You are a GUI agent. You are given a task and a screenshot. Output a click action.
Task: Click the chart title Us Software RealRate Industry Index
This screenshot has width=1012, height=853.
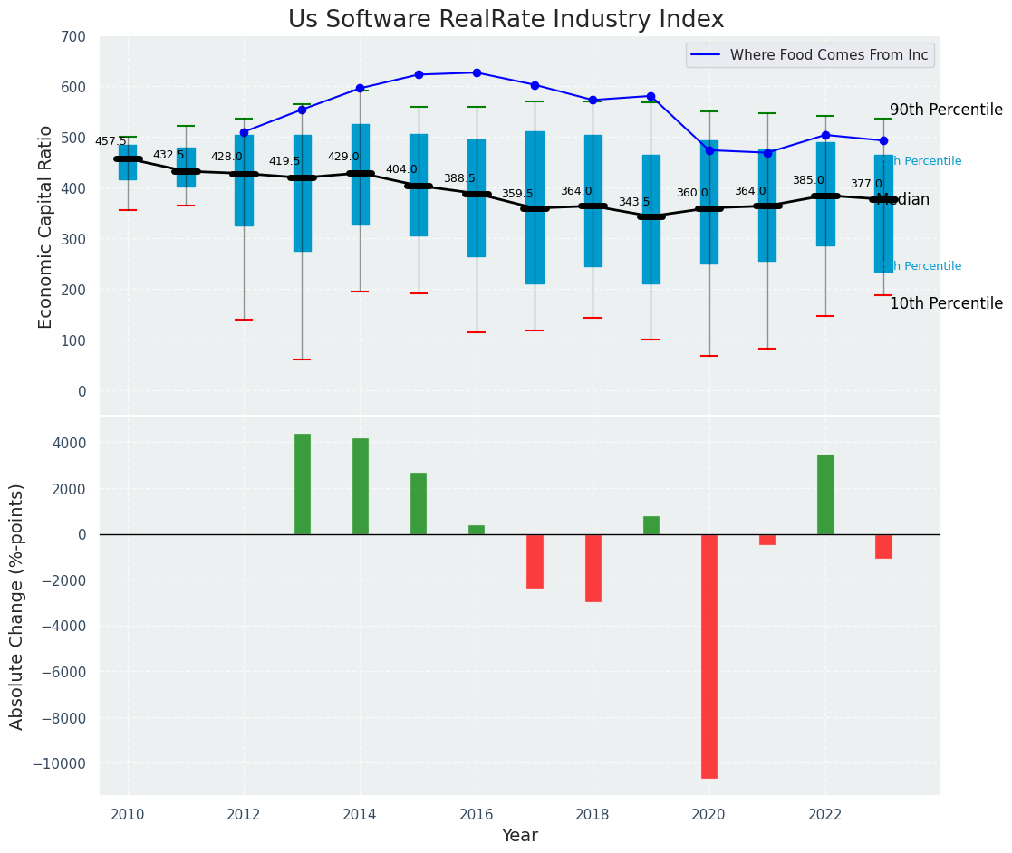pos(506,20)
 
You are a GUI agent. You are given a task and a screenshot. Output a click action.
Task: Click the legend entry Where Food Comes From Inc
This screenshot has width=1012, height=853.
pos(828,55)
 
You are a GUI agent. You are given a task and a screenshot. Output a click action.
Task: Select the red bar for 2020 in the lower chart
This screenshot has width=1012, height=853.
pos(708,656)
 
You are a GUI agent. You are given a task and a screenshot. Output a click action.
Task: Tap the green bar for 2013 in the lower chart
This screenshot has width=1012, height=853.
pos(302,484)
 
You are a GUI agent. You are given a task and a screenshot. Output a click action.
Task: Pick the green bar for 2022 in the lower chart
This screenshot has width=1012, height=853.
pos(825,494)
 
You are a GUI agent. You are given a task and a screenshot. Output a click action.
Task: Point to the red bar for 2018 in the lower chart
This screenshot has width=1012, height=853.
pos(593,568)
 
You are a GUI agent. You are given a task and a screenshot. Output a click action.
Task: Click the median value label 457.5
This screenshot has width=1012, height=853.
pos(111,141)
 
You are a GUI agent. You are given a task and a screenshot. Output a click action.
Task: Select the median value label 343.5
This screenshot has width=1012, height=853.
pos(634,202)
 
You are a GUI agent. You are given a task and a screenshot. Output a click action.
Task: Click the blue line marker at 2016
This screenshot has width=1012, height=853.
pos(477,72)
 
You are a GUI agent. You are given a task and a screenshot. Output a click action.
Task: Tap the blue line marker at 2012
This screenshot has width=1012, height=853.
pos(244,132)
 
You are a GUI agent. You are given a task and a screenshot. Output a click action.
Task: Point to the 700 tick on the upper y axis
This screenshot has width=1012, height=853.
pos(73,37)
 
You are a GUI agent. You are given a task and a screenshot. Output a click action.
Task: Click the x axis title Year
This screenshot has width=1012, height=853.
pos(519,836)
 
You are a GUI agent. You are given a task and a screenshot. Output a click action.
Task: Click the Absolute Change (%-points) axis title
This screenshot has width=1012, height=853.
pos(17,606)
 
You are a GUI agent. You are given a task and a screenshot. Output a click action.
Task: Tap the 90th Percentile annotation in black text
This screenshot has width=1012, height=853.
pos(946,110)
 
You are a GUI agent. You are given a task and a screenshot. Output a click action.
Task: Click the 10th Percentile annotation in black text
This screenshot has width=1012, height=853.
pos(946,304)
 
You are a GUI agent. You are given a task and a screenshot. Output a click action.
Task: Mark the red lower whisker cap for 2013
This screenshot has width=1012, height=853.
pos(302,359)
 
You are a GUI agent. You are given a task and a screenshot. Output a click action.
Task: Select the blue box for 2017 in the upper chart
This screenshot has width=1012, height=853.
pos(535,207)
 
